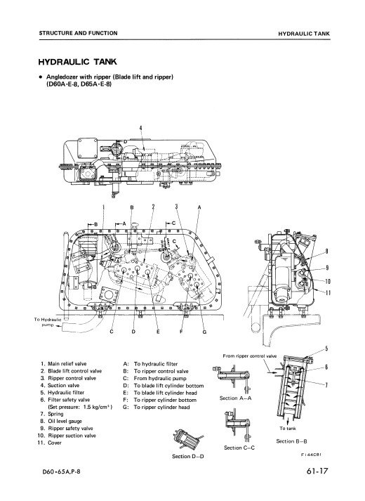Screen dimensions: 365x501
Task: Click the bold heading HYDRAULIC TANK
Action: click(x=77, y=62)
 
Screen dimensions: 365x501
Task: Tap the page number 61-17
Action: click(x=317, y=471)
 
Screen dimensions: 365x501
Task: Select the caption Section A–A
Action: click(x=235, y=398)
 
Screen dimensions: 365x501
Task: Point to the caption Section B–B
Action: click(x=291, y=441)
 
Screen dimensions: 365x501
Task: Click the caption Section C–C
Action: click(x=239, y=448)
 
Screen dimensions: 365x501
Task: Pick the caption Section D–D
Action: click(x=188, y=456)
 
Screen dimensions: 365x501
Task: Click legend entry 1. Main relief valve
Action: click(x=63, y=363)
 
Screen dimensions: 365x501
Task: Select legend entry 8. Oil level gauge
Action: click(x=61, y=421)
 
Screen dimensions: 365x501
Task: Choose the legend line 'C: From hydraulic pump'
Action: click(x=154, y=378)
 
